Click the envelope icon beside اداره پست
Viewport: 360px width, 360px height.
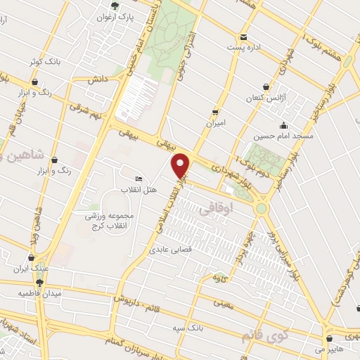243,37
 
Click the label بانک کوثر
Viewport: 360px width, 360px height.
43,61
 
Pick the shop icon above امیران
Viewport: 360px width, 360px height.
215,112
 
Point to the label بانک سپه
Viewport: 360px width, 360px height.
187,328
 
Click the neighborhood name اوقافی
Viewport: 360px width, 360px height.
214,210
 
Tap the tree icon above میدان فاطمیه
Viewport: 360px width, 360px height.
40,283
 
